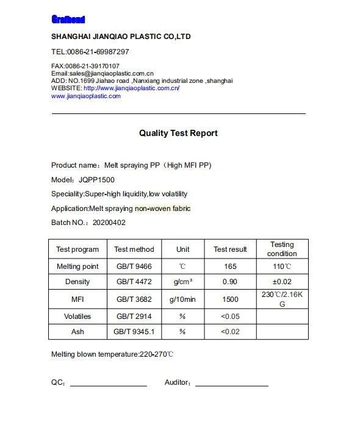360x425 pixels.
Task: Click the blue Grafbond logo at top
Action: (68, 20)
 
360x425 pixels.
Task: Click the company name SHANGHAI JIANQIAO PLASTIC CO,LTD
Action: (121, 37)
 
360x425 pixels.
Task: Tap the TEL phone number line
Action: (90, 52)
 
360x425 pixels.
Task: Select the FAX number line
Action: (85, 66)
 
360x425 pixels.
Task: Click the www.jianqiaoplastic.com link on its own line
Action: (85, 96)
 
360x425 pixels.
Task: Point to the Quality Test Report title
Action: (178, 133)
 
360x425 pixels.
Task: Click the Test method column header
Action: (134, 249)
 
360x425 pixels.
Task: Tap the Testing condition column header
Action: (282, 249)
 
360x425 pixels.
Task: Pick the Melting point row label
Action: (77, 267)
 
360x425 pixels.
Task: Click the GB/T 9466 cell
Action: (134, 267)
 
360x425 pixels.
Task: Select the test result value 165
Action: (230, 267)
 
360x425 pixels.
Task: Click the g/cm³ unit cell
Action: (183, 282)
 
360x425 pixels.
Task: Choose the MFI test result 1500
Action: (230, 299)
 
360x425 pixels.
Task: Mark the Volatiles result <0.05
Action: (230, 316)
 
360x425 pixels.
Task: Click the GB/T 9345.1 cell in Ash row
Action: (134, 332)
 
